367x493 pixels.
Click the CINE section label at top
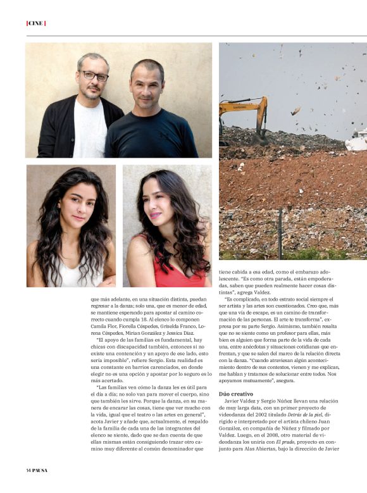[x=35, y=23]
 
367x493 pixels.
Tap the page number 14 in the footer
[x=28, y=470]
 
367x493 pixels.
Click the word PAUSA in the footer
[x=40, y=470]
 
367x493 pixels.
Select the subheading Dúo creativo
[x=235, y=394]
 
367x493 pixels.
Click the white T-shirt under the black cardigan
[x=90, y=130]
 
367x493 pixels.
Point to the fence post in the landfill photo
[x=280, y=234]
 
